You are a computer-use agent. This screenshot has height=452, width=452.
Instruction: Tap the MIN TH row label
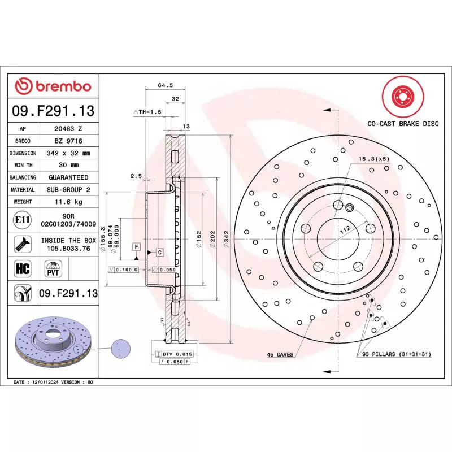(x=23, y=165)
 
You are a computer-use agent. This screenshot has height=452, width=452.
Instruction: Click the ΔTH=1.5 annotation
(x=147, y=112)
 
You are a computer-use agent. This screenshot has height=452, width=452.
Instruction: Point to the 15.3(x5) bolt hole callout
(x=374, y=159)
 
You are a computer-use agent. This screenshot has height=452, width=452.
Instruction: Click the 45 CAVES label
(x=280, y=354)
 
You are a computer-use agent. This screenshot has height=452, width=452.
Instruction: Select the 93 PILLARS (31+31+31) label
(x=393, y=354)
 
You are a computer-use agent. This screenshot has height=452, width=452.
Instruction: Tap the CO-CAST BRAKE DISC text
(x=402, y=123)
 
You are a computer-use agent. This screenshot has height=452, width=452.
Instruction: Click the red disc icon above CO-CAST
(x=402, y=95)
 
